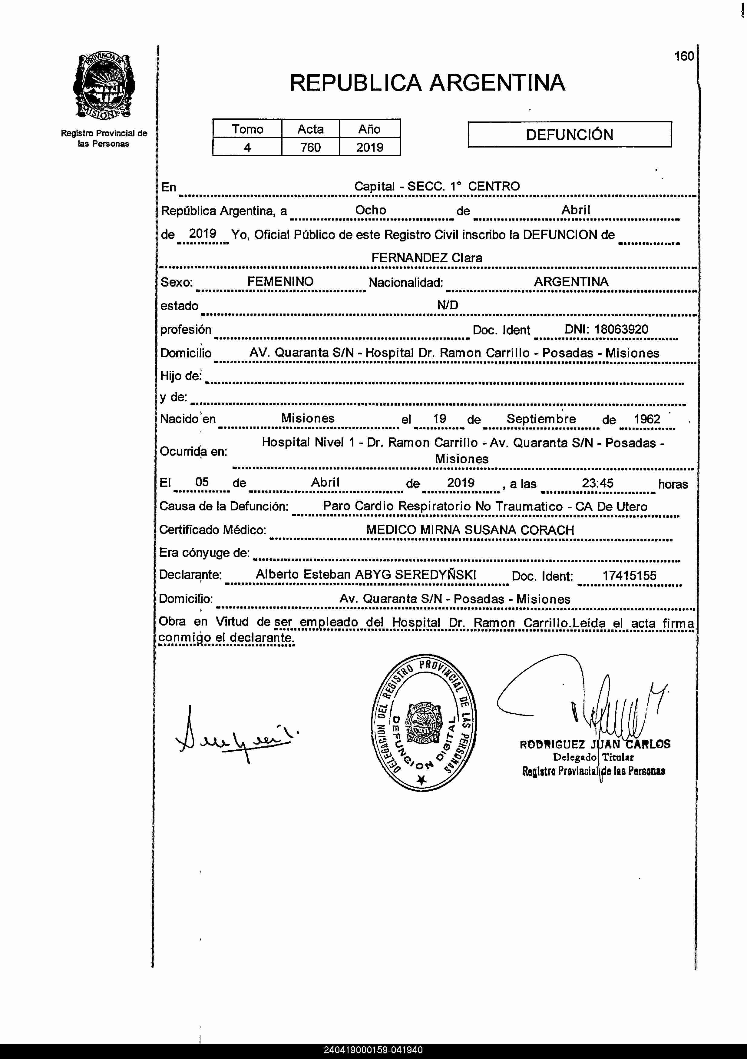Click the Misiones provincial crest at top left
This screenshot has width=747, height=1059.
coord(104,86)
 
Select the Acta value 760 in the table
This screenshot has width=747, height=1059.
coord(310,147)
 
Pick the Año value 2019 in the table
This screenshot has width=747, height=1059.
coord(369,147)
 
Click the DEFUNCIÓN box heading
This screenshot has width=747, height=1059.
coord(570,135)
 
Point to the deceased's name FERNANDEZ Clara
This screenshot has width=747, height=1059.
coord(427,258)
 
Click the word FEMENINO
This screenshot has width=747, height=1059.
coord(280,281)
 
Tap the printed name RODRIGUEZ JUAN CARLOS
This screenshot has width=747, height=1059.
coord(595,745)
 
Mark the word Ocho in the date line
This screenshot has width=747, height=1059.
coord(370,210)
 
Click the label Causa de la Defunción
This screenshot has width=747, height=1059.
coord(224,506)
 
